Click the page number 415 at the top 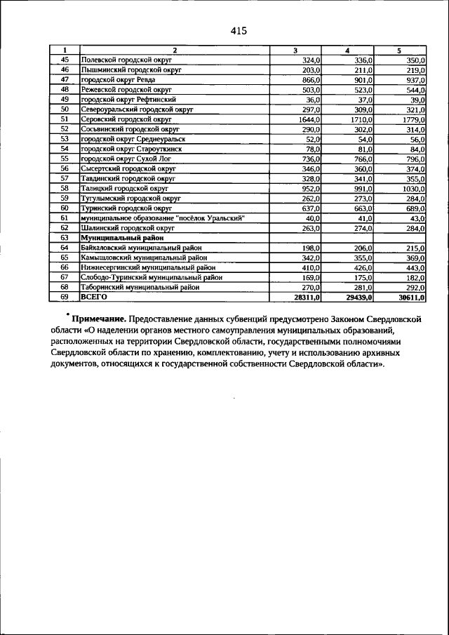tap(239, 31)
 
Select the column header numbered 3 tap(296, 51)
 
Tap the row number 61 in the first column tap(64, 218)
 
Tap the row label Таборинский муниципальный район tap(140, 287)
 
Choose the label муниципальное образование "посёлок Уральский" tap(163, 218)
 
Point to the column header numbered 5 tap(399, 51)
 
